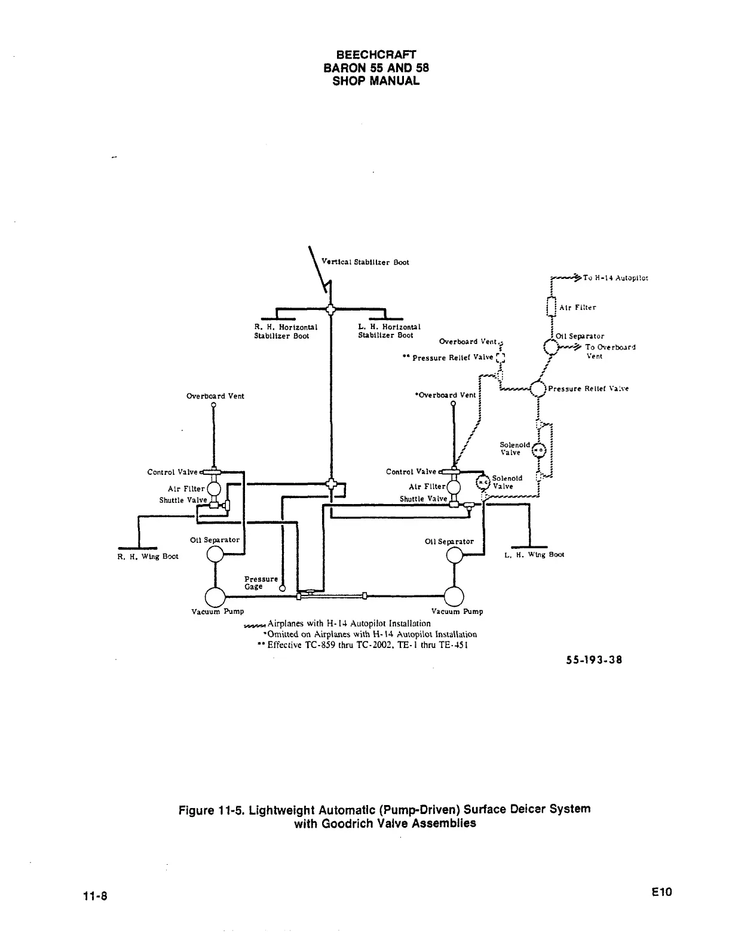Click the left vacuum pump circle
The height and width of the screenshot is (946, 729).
(x=215, y=597)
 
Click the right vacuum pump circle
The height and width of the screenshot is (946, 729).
(x=455, y=596)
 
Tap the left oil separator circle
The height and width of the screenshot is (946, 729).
(x=215, y=555)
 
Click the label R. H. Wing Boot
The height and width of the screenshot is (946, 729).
(x=148, y=557)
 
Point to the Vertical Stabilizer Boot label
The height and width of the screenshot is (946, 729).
(x=365, y=262)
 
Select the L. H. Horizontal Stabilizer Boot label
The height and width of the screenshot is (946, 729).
(x=389, y=331)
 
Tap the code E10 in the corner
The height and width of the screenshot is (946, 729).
(x=662, y=892)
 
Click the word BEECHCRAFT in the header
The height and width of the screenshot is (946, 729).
(x=376, y=55)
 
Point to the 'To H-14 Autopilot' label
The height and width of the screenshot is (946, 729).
(x=615, y=278)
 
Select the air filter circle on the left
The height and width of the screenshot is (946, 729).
(x=214, y=489)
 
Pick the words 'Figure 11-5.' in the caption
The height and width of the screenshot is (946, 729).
(x=212, y=810)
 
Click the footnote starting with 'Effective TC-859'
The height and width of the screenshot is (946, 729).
(x=367, y=645)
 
